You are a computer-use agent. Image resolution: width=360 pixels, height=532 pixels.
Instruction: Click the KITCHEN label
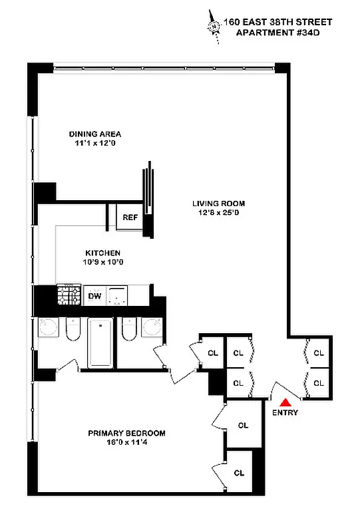102,253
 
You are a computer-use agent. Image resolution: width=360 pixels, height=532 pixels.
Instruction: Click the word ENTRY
285,412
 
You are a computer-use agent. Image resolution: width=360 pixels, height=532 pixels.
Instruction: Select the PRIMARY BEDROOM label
126,433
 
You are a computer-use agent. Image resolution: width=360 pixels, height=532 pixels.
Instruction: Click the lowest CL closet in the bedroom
239,473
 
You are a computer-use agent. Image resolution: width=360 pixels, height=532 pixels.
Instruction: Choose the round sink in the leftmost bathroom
48,329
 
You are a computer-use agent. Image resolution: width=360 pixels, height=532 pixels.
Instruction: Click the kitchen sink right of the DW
118,295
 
